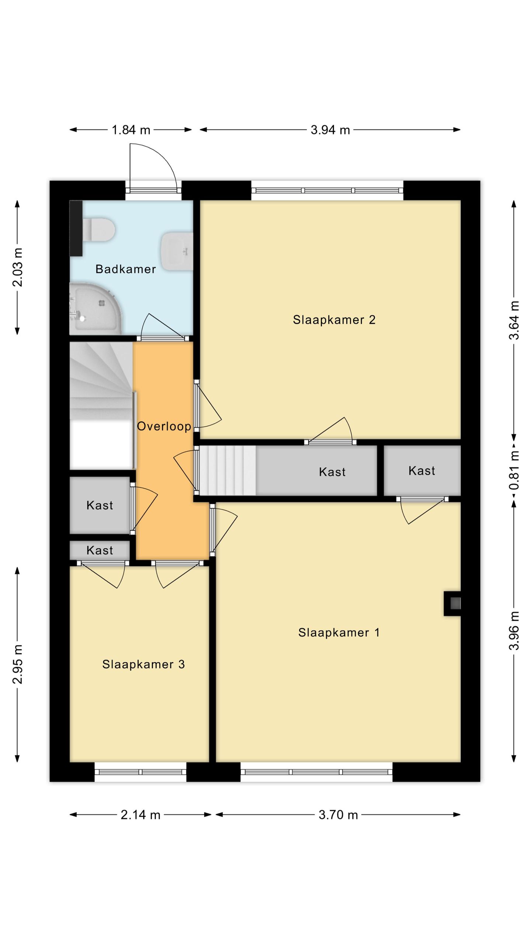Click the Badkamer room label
pos(126,269)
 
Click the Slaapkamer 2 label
pos(334,320)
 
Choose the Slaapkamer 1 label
pos(339,632)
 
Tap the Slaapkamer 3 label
pos(143,664)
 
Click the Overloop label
pos(164,426)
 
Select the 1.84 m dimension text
pos(131,130)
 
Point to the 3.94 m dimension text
pos(330,130)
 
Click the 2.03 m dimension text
pos(18,267)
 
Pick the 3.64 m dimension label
pos(514,320)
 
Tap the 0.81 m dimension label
pos(514,470)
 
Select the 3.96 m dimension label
pos(514,631)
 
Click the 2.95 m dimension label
pos(18,664)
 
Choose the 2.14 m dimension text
pos(140,815)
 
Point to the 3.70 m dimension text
pos(339,815)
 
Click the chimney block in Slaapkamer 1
pos(452,604)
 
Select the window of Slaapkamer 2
pos(327,190)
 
